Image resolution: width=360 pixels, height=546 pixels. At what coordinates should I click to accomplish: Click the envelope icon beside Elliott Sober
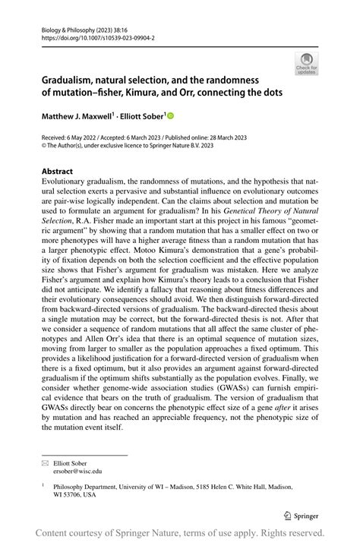[45, 461]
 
